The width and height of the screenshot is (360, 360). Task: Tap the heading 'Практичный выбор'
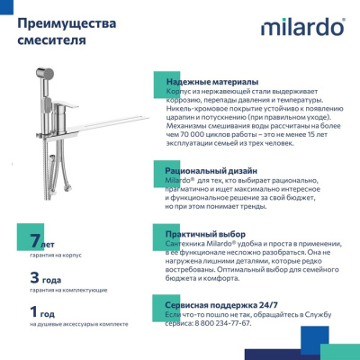(x=206, y=235)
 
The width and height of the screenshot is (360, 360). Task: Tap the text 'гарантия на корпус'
(x=56, y=255)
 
